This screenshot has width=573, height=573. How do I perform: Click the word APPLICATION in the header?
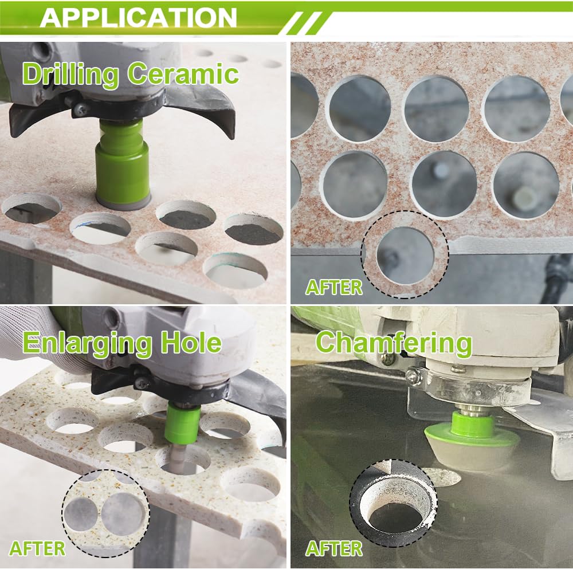(x=139, y=17)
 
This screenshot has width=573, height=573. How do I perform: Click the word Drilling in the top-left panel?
(x=71, y=74)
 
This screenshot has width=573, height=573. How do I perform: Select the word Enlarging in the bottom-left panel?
(x=87, y=343)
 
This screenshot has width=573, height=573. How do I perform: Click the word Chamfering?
(x=394, y=343)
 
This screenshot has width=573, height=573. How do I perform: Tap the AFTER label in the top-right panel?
(x=334, y=287)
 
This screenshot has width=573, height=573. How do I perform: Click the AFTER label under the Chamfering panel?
(x=334, y=548)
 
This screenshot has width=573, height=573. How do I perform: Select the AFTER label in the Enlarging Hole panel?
(x=37, y=548)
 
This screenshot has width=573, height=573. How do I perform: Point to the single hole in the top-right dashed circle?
(x=406, y=256)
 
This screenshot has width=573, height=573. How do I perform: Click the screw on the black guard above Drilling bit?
(x=80, y=108)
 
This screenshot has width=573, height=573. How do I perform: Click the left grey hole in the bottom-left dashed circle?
(x=81, y=512)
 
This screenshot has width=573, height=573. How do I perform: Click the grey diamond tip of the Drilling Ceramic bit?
(x=123, y=201)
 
